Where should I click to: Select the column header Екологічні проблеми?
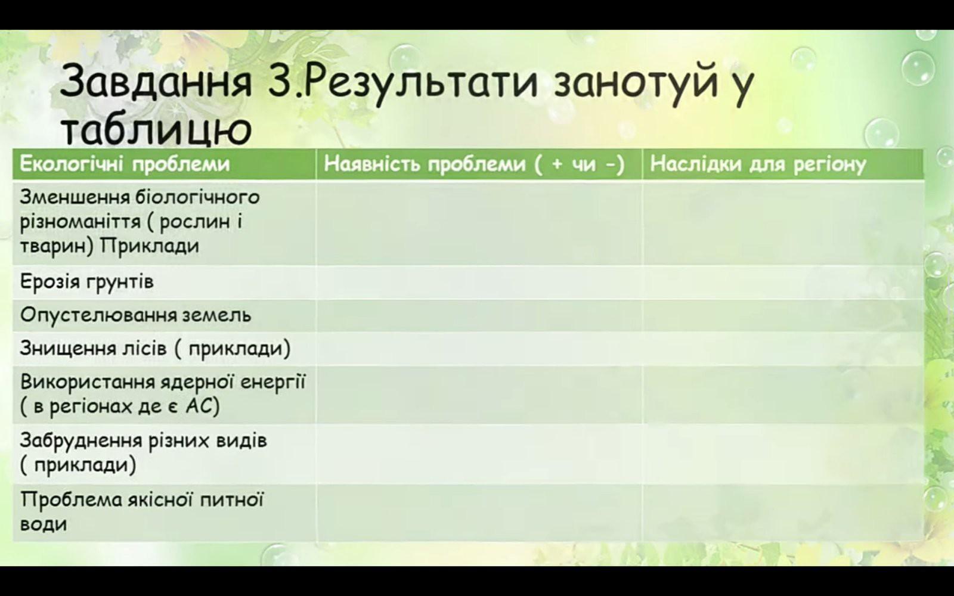pos(125,164)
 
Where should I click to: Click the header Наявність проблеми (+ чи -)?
pos(474,164)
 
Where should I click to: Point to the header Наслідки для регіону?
pos(758,164)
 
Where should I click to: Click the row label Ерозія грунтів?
pos(87,282)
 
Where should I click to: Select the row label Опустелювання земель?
pos(135,315)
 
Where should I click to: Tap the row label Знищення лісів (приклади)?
pos(156,349)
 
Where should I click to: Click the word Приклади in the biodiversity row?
pos(150,246)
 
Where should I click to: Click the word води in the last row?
pos(44,524)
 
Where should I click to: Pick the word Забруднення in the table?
pos(80,440)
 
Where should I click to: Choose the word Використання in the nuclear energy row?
pos(87,382)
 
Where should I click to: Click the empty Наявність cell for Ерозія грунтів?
pos(479,283)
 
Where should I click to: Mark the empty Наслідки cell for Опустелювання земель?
pos(783,315)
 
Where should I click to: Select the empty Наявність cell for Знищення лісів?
pos(479,349)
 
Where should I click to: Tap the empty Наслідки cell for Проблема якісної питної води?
pos(783,513)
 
